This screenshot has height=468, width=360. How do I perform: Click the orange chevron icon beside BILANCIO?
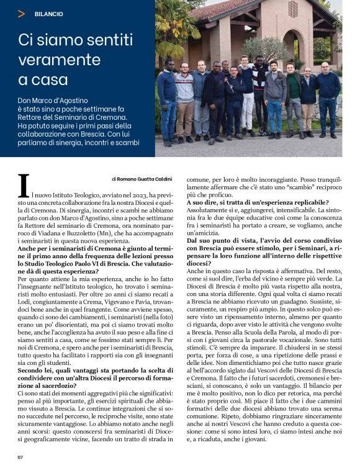(22, 13)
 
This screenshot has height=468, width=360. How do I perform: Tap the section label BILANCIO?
(48, 14)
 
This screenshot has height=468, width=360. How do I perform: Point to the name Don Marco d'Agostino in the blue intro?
(52, 100)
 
